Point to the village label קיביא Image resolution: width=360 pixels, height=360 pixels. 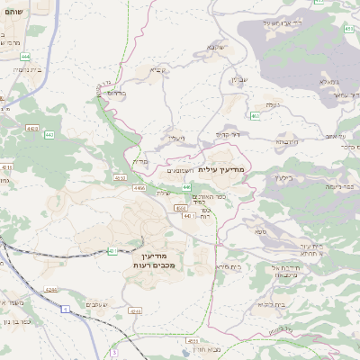[155, 68]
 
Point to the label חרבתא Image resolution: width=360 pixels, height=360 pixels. [285, 141]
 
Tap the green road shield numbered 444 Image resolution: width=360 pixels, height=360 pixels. [25, 56]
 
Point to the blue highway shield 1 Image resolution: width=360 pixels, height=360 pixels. [65, 309]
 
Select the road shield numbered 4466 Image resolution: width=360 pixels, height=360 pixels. [139, 188]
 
